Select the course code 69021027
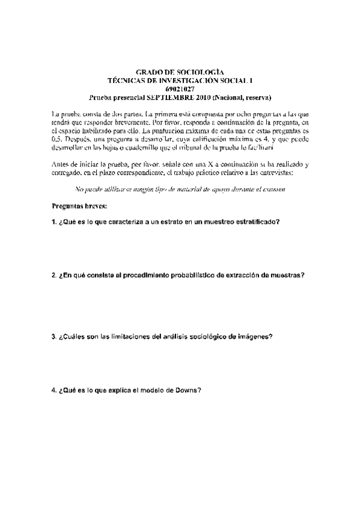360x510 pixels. click(179, 88)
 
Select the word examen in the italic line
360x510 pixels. click(271, 190)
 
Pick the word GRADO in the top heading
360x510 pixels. click(150, 72)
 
